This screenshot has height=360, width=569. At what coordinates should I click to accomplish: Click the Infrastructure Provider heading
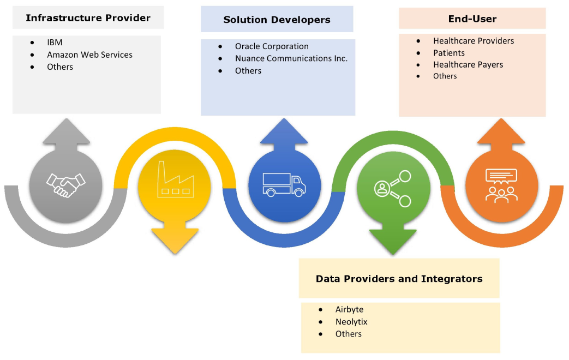point(88,18)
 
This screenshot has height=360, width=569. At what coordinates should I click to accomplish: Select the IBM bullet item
point(55,43)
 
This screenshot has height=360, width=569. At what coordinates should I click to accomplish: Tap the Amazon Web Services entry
point(89,55)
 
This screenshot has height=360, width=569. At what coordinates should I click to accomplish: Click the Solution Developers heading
point(277,20)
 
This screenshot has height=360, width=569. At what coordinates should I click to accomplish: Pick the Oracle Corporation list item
point(272,46)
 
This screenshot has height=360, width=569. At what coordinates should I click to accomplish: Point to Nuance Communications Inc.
point(291,58)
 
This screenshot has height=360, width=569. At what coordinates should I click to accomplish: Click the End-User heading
point(472,19)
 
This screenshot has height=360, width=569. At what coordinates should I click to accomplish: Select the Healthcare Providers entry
point(474,41)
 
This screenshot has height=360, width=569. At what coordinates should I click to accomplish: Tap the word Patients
point(449,53)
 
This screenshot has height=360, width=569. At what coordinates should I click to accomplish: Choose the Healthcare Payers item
point(468,64)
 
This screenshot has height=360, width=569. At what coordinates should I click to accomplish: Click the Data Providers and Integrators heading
point(399,279)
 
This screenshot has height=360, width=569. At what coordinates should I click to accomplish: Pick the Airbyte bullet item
point(349,309)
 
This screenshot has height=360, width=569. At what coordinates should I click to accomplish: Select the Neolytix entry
point(351,322)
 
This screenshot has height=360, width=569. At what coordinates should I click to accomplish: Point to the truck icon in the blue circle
point(284,184)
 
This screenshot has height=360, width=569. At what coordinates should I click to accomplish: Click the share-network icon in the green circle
point(393,189)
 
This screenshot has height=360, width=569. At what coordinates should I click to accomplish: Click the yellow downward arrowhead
point(175,240)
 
